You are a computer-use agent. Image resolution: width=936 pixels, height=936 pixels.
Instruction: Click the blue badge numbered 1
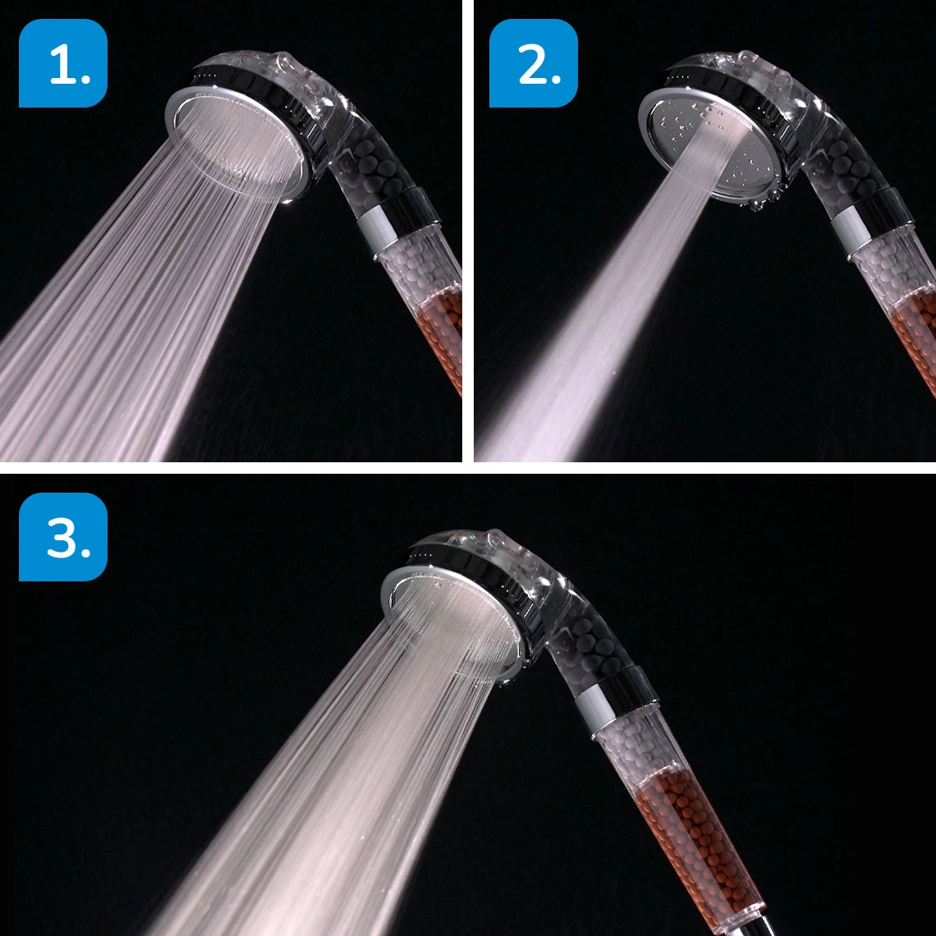coord(63,63)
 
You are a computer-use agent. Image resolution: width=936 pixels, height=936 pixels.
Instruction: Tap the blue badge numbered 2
coord(534,63)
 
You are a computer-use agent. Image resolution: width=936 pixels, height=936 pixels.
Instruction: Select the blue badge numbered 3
coord(63,537)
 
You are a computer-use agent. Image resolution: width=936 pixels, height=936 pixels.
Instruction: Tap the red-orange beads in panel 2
coord(915,328)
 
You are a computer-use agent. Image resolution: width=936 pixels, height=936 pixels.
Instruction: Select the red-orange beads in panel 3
coord(690,829)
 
